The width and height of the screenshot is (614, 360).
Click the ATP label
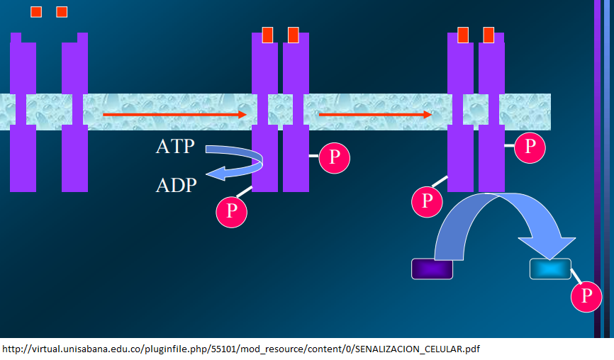174,148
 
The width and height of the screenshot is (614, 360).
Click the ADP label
176,186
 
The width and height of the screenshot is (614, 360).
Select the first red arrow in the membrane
174,114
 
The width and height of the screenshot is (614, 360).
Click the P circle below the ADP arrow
231,210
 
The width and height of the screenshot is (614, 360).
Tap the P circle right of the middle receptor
334,155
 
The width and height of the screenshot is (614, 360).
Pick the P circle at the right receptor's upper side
530,146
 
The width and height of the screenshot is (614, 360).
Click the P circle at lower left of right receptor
427,201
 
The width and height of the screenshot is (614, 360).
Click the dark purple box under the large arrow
432,269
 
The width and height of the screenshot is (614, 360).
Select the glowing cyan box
550,269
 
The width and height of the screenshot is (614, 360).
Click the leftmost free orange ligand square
36,12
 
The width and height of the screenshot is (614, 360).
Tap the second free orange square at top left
62,12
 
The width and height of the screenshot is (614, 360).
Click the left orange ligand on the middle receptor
267,35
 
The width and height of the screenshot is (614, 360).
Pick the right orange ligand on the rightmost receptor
489,35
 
